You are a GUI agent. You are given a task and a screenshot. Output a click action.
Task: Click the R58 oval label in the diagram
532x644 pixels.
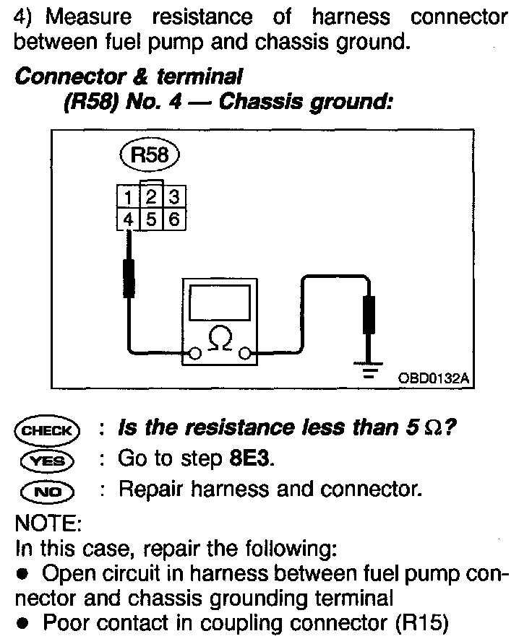coord(149,155)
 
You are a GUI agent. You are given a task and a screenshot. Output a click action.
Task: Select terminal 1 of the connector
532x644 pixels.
coord(127,196)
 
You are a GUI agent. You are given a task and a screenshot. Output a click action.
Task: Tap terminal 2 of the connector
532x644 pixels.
coord(150,196)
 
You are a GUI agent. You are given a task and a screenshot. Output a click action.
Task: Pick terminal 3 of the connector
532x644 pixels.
coord(172,196)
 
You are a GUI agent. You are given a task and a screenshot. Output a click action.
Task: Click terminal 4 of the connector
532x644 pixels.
coord(127,219)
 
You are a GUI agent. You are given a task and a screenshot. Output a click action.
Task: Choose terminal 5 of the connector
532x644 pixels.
coord(150,219)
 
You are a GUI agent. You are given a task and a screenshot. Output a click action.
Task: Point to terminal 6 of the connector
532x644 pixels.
coord(172,219)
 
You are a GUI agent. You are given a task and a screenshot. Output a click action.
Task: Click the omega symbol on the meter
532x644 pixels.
coord(220,340)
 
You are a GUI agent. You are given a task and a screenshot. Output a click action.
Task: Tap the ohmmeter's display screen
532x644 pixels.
coord(220,303)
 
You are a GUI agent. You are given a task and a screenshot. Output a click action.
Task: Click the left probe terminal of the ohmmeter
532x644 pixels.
coord(194,354)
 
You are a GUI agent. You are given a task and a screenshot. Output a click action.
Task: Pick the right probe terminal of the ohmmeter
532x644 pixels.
coord(246,354)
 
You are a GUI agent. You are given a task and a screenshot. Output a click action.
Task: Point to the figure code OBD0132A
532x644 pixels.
coord(430,378)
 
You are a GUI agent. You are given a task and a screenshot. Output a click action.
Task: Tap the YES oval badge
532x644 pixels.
coord(46,460)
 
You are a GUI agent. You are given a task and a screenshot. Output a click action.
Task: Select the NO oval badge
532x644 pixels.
coord(46,490)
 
